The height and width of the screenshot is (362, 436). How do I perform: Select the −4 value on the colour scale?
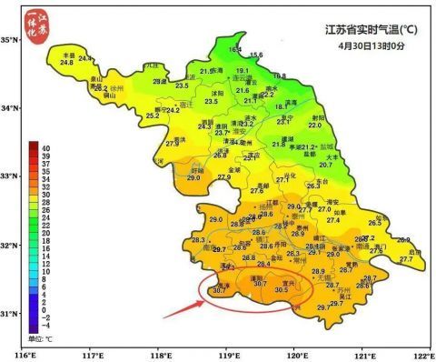click(44, 326)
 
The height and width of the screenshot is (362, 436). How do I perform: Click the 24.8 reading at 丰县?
click(66, 62)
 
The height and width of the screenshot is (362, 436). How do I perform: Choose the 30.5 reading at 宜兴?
click(281, 290)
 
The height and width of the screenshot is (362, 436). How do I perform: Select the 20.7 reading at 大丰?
click(329, 165)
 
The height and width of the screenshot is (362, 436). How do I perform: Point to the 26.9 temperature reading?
click(403, 240)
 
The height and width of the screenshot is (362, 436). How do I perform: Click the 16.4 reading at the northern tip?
click(235, 48)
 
